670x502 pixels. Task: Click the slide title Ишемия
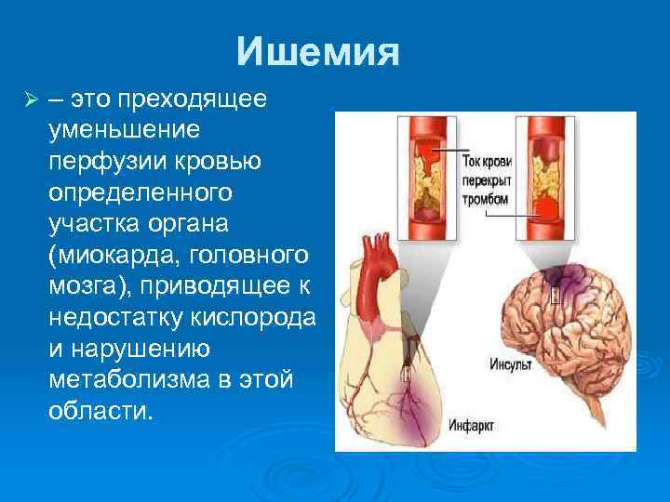317,52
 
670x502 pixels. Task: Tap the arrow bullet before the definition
30,99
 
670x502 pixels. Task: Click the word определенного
140,192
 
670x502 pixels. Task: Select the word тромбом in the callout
485,199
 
